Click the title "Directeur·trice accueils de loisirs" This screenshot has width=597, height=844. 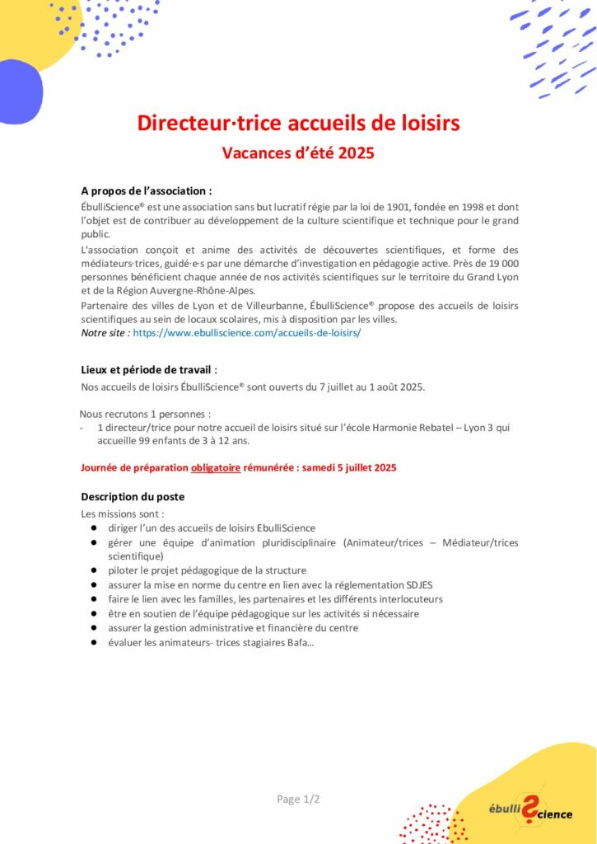pos(298,124)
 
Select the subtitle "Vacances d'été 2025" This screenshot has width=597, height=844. pos(298,152)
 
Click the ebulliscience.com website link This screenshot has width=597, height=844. pos(247,333)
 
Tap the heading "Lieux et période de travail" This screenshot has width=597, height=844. pos(148,370)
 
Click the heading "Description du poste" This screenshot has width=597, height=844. pos(133,496)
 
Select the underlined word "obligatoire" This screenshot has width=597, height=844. pos(216,467)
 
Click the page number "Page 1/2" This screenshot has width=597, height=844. pos(298,799)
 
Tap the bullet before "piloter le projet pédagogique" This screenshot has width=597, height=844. pos(95,570)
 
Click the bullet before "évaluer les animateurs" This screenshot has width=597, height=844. pos(95,642)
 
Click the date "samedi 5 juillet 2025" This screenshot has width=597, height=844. pos(349,467)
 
